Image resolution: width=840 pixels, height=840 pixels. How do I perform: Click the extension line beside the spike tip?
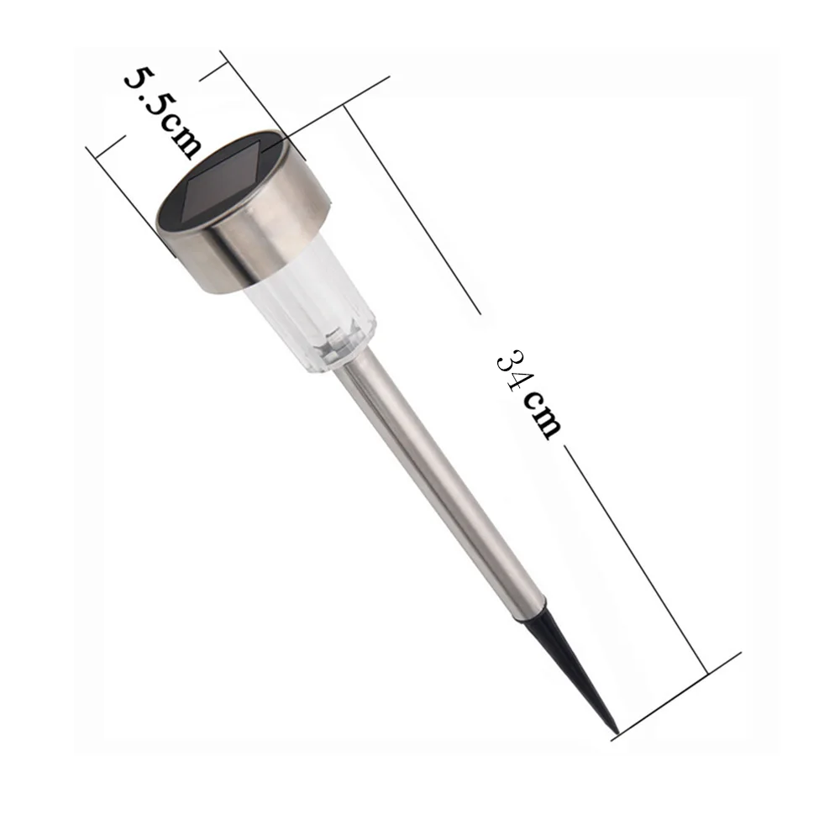pyautogui.click(x=680, y=693)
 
